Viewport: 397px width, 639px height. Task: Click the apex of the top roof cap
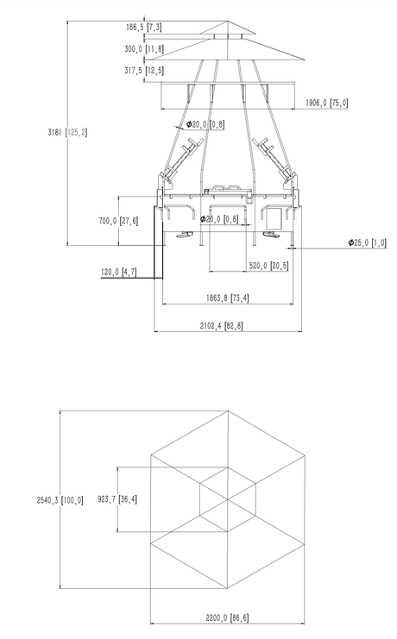tap(228, 21)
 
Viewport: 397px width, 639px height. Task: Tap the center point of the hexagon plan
tap(228, 499)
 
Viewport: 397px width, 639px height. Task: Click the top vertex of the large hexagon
tap(228, 410)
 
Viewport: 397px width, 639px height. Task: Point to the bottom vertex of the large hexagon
tap(228, 588)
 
